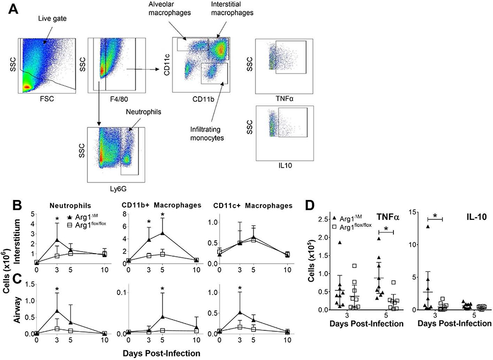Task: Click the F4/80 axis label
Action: (115, 99)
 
